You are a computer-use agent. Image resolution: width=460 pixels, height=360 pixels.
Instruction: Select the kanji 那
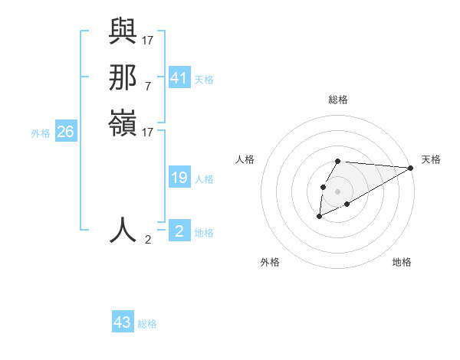point(123,78)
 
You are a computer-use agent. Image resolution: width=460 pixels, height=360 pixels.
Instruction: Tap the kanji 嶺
point(123,124)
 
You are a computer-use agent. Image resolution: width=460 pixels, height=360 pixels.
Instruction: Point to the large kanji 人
point(123,229)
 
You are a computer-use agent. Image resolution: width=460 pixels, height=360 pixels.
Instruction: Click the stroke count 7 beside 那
point(147,86)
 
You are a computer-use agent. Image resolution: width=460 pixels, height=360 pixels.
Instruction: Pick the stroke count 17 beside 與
point(147,40)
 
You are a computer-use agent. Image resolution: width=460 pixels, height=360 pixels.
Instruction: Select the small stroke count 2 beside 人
point(147,239)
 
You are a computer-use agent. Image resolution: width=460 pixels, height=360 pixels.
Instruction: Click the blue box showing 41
point(179,78)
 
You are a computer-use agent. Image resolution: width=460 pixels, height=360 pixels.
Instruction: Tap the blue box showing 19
point(179,178)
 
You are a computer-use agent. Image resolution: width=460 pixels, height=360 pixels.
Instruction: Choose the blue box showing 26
point(65,132)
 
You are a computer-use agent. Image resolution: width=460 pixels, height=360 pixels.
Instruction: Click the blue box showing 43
point(122,322)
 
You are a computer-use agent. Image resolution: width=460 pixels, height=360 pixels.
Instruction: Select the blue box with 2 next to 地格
point(179,231)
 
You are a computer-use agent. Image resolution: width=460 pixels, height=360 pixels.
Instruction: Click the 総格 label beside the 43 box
point(147,324)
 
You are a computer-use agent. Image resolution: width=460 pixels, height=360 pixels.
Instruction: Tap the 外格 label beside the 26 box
point(41,133)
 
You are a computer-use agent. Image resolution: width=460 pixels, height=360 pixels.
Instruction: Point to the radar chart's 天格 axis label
point(431,159)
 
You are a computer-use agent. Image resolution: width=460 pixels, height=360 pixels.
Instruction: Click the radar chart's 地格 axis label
point(402,262)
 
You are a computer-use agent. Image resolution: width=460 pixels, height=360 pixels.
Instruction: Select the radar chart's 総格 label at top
point(338,100)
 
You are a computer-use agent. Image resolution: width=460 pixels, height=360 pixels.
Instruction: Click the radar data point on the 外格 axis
point(319,218)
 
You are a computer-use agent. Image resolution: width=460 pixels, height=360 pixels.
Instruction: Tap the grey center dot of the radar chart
point(338,191)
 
